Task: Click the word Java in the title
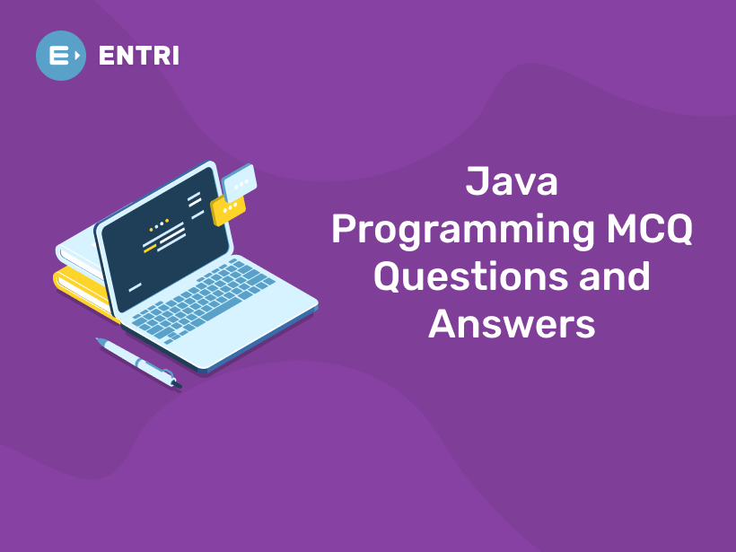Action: point(512,182)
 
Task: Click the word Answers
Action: point(512,322)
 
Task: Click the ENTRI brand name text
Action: point(138,56)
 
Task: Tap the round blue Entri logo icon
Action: point(60,56)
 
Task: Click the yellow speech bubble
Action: point(228,210)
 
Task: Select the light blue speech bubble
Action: point(239,184)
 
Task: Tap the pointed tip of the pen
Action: point(99,340)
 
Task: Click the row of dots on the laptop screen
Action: point(158,224)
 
